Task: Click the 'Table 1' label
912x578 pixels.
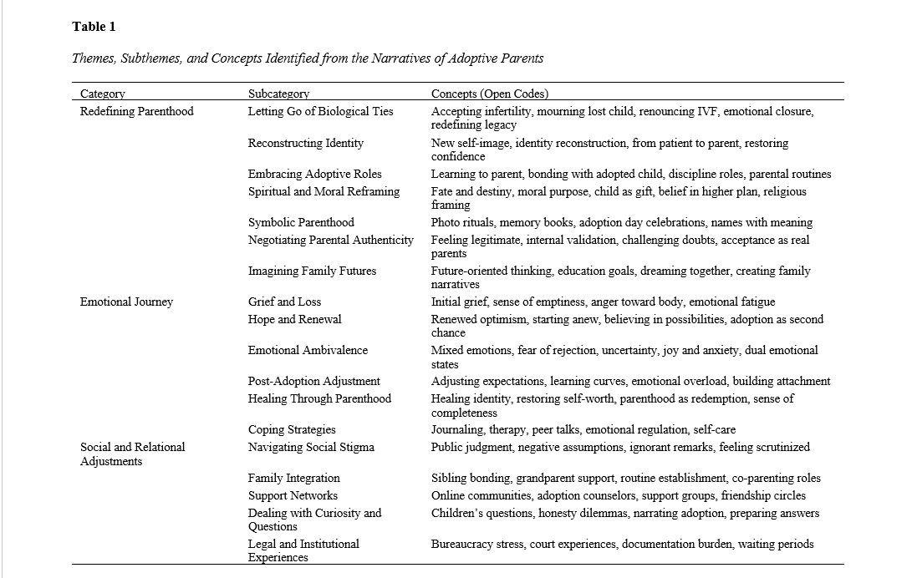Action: pos(94,27)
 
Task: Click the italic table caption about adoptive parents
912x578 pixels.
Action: pos(308,58)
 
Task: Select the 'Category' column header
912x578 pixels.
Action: pos(103,94)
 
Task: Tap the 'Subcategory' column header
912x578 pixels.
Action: pos(278,94)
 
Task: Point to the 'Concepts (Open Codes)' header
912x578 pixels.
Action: pos(490,94)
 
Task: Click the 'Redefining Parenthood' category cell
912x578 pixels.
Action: pos(136,111)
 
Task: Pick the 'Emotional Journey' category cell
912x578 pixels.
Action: pos(126,302)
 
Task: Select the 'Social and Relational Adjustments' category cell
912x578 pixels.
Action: pos(132,454)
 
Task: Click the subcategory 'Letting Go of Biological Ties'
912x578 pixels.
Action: pos(320,111)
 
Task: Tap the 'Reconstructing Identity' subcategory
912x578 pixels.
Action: pos(305,143)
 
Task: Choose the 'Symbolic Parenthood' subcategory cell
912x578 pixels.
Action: pos(301,222)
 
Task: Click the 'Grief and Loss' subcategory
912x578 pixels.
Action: pos(284,302)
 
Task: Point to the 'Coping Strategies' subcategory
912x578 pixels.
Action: pos(292,429)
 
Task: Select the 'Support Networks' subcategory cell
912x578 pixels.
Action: pos(293,495)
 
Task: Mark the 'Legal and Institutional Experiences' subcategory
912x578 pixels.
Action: pos(303,550)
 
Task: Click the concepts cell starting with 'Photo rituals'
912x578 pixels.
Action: pos(621,222)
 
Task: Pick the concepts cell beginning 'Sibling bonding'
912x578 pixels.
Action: pos(625,478)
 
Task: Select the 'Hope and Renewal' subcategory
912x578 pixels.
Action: pos(294,319)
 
